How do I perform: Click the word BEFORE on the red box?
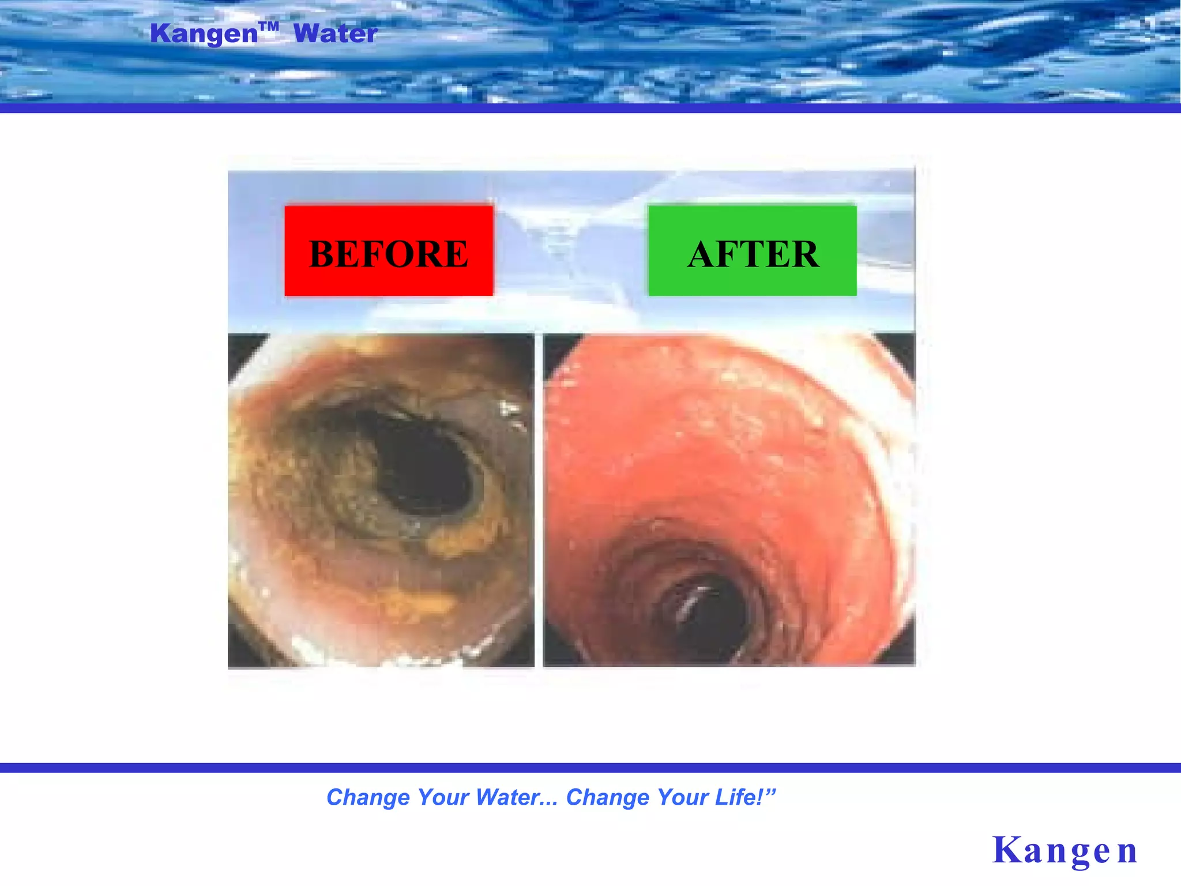pyautogui.click(x=389, y=254)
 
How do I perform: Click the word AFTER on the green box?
pyautogui.click(x=753, y=254)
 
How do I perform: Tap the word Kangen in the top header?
pyautogui.click(x=204, y=33)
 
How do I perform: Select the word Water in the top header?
pyautogui.click(x=336, y=33)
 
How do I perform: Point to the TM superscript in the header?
pyautogui.click(x=269, y=26)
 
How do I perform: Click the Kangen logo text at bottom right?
pyautogui.click(x=1065, y=850)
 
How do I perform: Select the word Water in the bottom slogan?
pyautogui.click(x=507, y=797)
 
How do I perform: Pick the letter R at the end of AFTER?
pyautogui.click(x=805, y=254)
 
